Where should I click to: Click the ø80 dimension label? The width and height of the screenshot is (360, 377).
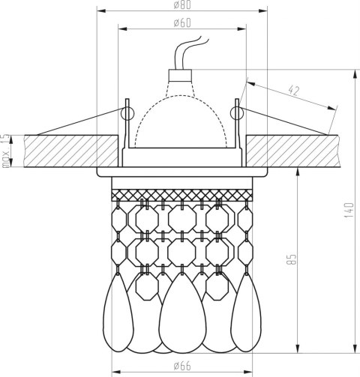tap(182, 5)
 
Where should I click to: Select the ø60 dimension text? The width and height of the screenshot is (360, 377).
tap(182, 23)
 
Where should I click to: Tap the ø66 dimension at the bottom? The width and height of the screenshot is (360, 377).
tap(182, 366)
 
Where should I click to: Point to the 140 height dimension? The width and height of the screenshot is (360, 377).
tap(349, 210)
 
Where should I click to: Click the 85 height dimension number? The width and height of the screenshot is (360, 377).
tap(292, 259)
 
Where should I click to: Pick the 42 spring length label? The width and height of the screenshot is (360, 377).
tap(294, 91)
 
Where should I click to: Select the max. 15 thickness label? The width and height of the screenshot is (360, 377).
tap(6, 151)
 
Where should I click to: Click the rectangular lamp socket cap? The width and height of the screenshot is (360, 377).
tap(180, 75)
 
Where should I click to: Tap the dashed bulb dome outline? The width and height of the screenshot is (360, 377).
tap(181, 96)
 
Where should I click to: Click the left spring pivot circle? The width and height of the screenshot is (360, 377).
tap(127, 113)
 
